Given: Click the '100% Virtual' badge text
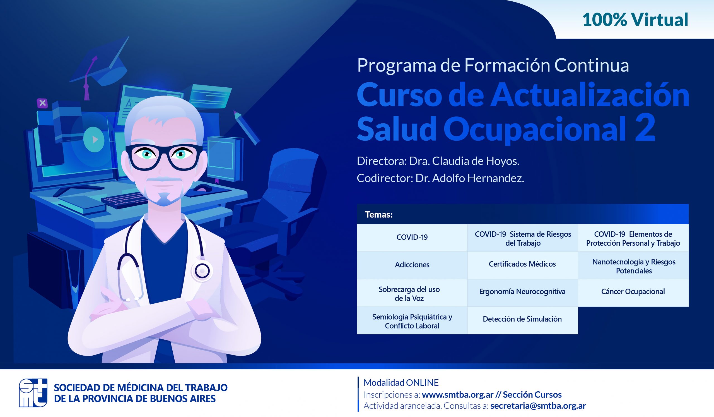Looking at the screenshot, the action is point(635,20).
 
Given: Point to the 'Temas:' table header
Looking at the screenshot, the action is point(379,215).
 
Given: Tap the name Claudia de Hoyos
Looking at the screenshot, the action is point(475,161).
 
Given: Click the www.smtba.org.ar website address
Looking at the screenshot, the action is point(458,395).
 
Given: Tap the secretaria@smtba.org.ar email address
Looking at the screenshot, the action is point(538,406).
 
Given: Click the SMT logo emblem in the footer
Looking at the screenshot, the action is point(33,393).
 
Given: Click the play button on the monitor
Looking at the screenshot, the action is point(94,140).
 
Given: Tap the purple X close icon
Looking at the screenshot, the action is point(42,103).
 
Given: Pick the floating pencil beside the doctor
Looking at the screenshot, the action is point(246,128).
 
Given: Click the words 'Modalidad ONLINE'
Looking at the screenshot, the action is point(401,383).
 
